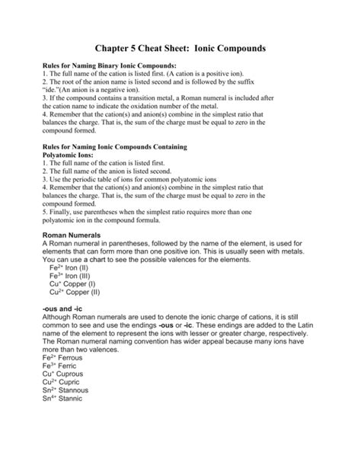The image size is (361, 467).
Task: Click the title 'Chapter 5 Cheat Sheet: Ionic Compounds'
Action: tap(180, 48)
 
